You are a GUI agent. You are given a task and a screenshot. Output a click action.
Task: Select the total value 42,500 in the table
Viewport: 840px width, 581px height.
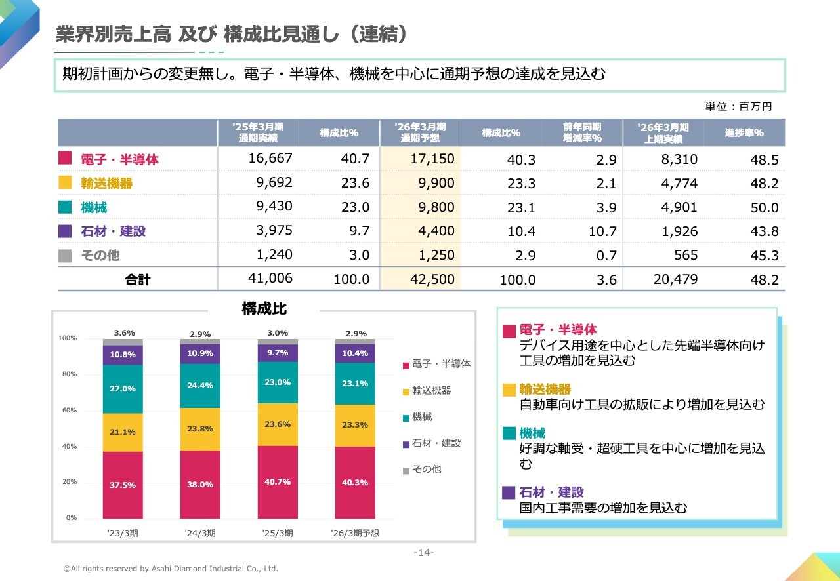432,279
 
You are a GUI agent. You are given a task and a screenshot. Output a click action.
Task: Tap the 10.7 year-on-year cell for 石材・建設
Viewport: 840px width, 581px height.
602,231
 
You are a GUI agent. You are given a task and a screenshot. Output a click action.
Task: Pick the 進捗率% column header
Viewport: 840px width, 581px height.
744,133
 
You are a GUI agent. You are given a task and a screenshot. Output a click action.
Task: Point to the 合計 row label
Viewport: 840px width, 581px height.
138,280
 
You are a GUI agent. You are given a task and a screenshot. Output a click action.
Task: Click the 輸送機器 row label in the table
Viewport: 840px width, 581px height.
106,184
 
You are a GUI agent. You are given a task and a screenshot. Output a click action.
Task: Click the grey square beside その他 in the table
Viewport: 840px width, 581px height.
65,255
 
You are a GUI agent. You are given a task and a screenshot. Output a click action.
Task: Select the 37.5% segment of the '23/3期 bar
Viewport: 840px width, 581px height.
123,485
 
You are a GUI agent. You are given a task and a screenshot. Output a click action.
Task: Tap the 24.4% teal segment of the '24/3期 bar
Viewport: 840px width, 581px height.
200,386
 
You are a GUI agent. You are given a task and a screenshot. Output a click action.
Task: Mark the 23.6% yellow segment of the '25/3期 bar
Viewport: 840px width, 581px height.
278,424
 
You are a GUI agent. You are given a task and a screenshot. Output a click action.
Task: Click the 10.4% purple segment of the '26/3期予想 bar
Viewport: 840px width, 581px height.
355,353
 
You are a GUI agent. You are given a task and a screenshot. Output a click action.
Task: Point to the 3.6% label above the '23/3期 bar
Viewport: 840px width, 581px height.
124,333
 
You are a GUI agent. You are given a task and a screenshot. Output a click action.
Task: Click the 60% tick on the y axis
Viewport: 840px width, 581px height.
68,411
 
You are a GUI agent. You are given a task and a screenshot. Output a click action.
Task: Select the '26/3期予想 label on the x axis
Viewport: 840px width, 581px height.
355,533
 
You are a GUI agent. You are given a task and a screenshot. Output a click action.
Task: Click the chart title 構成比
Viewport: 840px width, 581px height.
264,308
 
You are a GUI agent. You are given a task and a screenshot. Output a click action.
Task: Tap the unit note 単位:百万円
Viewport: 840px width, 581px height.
738,106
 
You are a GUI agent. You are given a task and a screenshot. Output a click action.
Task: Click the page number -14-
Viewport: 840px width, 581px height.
424,553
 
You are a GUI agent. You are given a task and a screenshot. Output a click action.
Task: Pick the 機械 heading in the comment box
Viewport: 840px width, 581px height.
532,433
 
